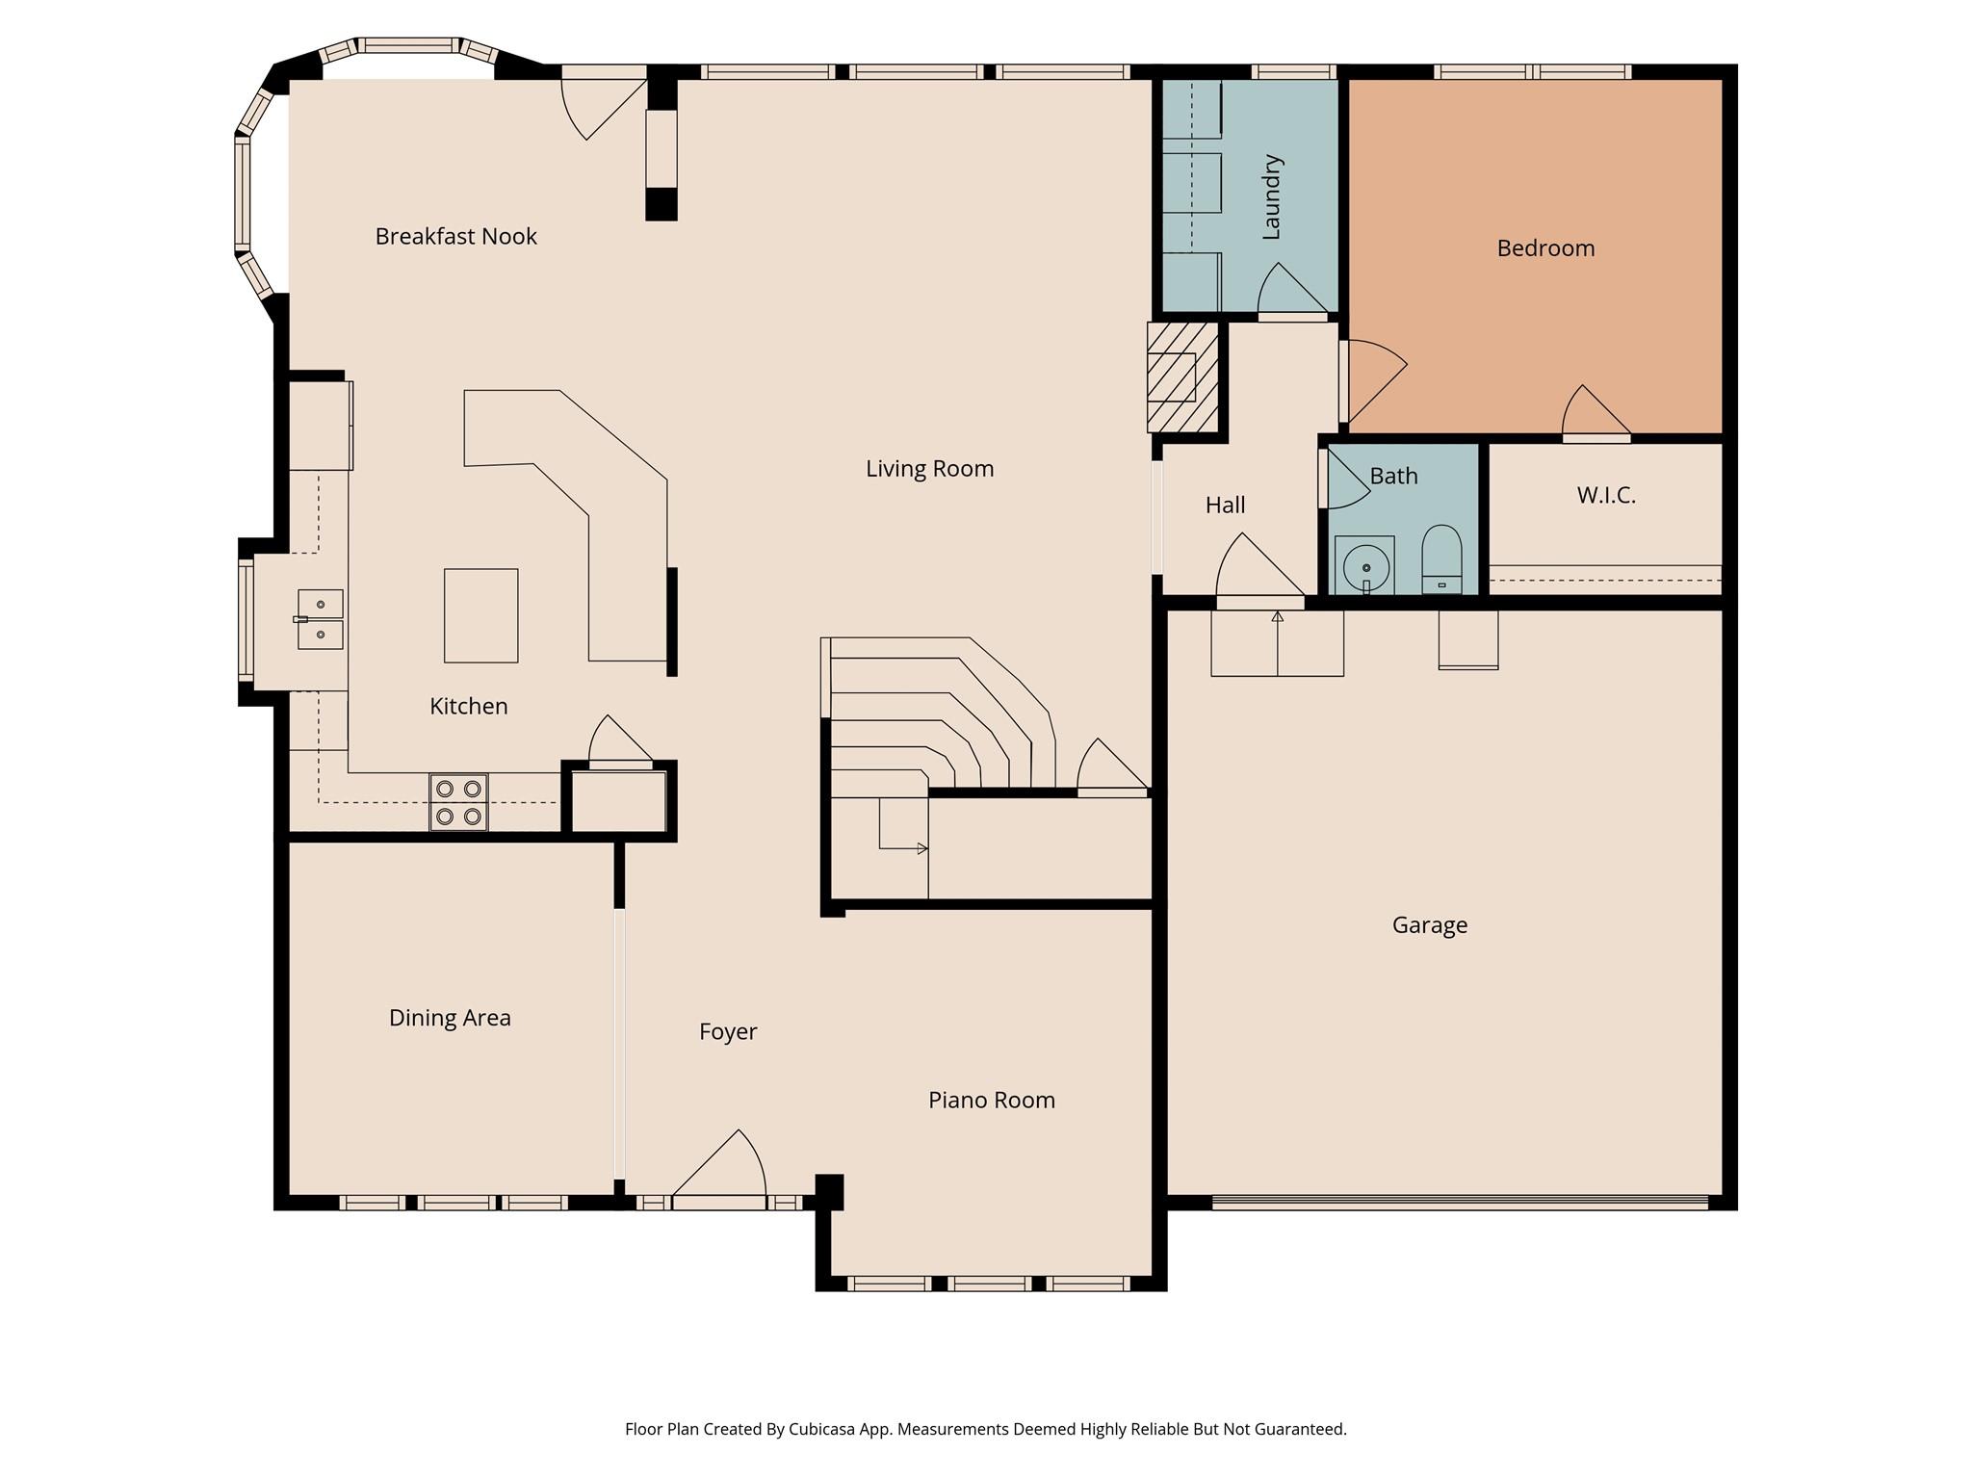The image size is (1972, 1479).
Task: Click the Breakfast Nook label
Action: (455, 236)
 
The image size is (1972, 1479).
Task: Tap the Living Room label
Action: (929, 469)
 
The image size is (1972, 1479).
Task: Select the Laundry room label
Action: (1271, 196)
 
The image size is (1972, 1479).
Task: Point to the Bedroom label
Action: (1545, 248)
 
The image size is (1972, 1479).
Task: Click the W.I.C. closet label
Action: (1606, 495)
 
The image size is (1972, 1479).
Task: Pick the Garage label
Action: (1430, 925)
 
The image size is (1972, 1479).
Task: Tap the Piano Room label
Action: (991, 1100)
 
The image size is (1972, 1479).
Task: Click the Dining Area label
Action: (450, 1018)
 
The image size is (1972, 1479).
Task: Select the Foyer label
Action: (728, 1031)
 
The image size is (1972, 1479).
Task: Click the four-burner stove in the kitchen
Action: (458, 802)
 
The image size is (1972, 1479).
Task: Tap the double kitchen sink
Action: (321, 619)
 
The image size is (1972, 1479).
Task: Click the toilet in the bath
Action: (1441, 560)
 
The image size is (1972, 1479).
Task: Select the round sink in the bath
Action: (1365, 566)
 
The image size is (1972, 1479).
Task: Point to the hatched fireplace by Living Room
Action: (1182, 377)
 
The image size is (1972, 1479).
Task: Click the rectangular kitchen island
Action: (480, 615)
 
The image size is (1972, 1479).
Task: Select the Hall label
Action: (1225, 505)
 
